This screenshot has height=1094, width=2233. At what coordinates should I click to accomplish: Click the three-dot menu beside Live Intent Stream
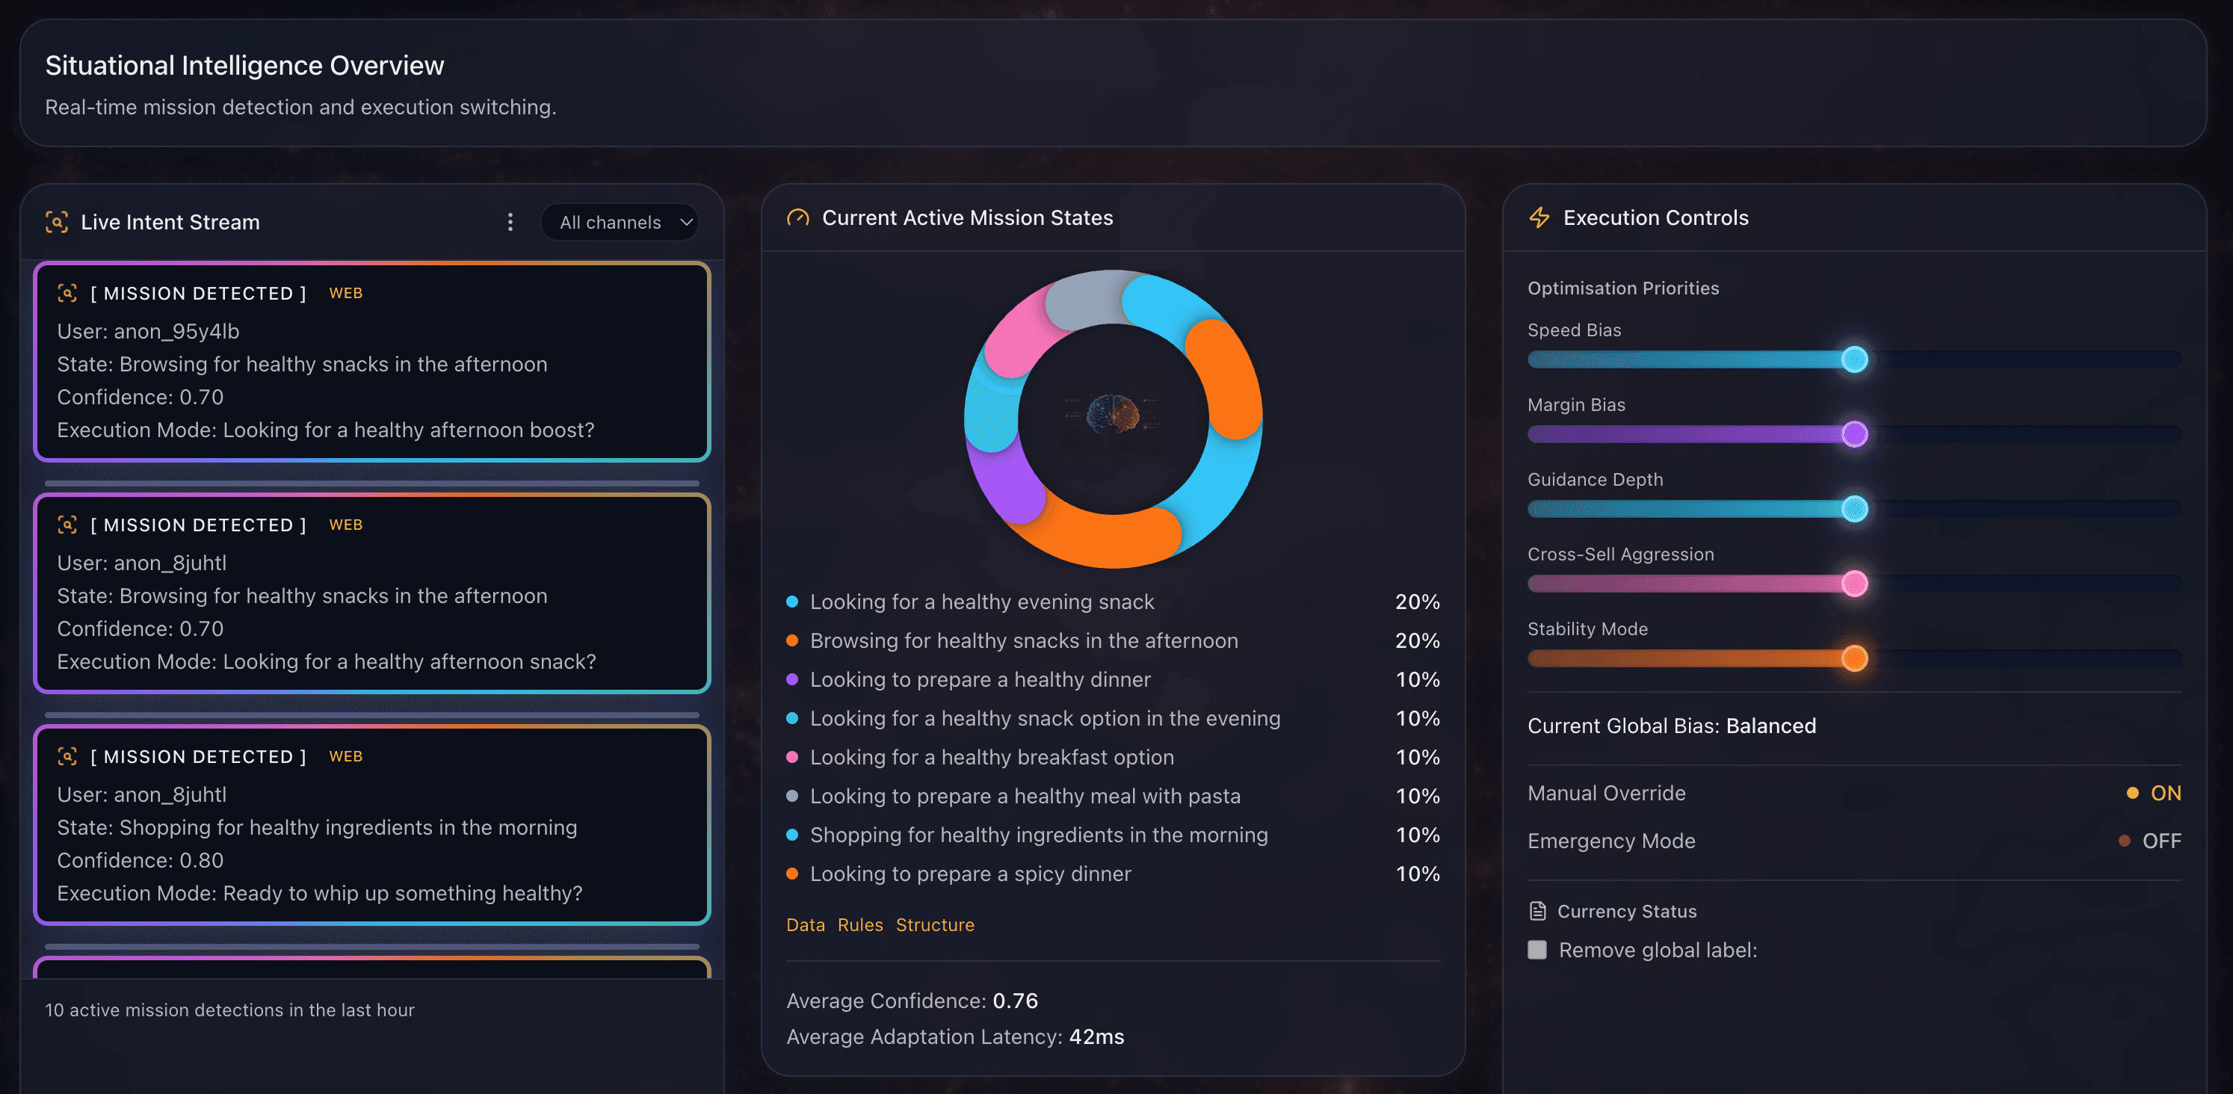pos(510,223)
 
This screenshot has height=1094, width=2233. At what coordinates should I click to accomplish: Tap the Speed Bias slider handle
pos(1854,359)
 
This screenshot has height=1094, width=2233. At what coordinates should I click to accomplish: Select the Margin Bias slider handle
pos(1854,433)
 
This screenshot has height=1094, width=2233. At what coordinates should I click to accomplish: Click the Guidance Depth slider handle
pos(1854,509)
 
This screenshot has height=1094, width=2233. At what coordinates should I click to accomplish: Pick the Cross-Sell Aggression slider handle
pos(1854,584)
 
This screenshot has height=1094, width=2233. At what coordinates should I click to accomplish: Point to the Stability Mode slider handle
pos(1854,658)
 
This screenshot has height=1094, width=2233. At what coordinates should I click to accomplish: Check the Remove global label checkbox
pos(1537,950)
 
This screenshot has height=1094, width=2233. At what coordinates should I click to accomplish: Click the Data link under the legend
pos(804,925)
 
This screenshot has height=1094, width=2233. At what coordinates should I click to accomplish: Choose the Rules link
pos(860,925)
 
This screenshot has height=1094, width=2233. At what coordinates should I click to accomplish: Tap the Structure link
pos(934,925)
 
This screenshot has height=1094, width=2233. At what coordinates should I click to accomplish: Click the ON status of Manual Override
pos(2164,793)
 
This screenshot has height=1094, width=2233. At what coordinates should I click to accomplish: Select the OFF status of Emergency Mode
pos(2161,841)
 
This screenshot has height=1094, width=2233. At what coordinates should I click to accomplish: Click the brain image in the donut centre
pos(1113,415)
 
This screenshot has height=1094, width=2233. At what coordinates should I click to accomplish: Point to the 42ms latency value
pos(1096,1036)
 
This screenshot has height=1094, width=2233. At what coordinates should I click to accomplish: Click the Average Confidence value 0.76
pos(1014,1001)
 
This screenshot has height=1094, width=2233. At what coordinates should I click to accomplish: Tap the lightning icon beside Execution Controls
pos(1539,217)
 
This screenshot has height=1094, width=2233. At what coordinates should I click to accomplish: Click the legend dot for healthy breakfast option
pos(791,757)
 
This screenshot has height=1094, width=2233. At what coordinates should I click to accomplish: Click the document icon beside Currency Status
pos(1538,911)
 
